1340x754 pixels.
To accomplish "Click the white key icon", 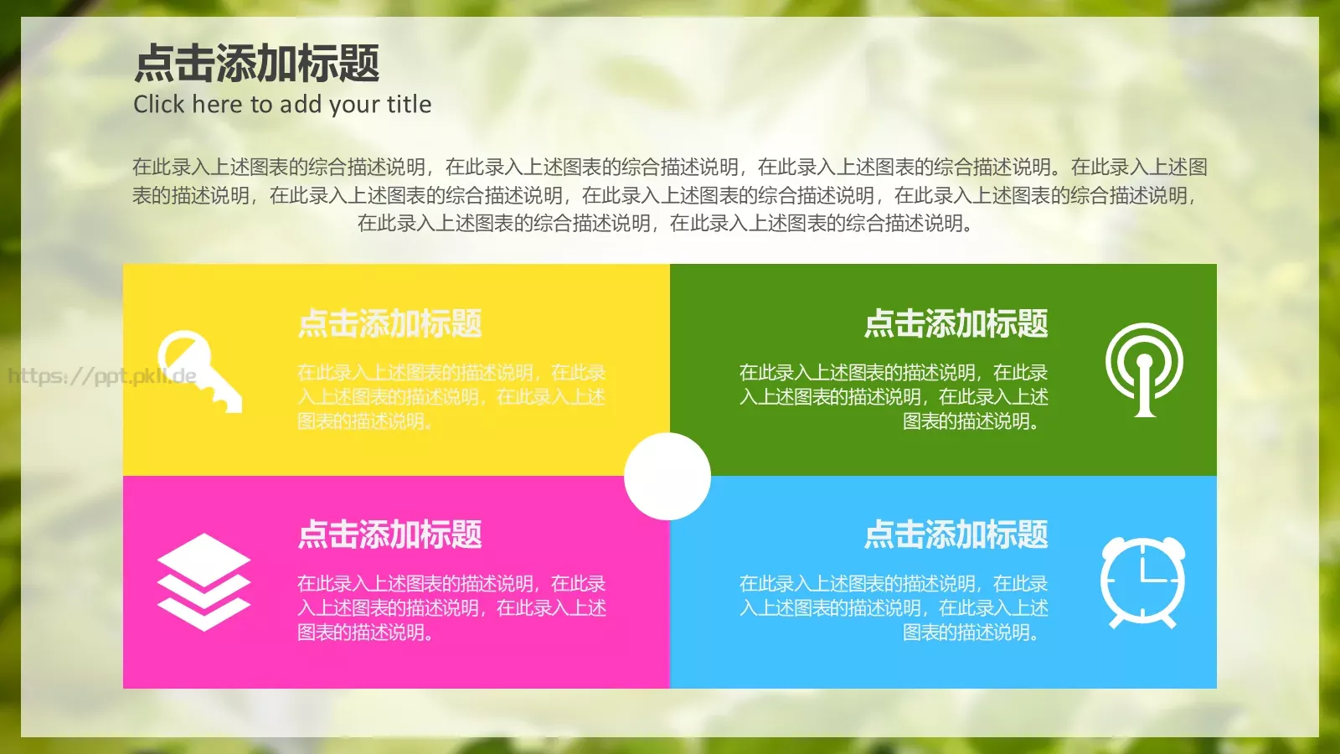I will pos(198,370).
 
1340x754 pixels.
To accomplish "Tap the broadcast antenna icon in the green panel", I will pos(1144,369).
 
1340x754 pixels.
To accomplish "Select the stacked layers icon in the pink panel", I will pos(204,581).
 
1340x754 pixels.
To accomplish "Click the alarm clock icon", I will pos(1143,582).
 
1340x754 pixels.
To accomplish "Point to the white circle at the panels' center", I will pos(667,476).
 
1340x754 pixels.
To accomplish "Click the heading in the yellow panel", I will pos(389,323).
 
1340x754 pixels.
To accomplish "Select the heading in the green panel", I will pos(956,323).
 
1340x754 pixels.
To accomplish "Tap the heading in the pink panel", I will pos(389,535).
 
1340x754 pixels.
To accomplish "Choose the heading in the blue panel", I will pos(956,535).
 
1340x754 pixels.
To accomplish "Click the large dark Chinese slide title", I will pos(256,64).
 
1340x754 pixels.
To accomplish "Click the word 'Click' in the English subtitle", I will pos(158,105).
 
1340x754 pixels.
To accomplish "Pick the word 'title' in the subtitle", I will pos(409,105).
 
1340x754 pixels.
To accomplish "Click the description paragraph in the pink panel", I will pos(451,607).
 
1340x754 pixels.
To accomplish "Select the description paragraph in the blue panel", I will pos(894,607).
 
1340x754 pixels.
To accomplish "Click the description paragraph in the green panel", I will pos(894,396).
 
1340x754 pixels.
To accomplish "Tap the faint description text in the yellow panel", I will pos(451,396).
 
